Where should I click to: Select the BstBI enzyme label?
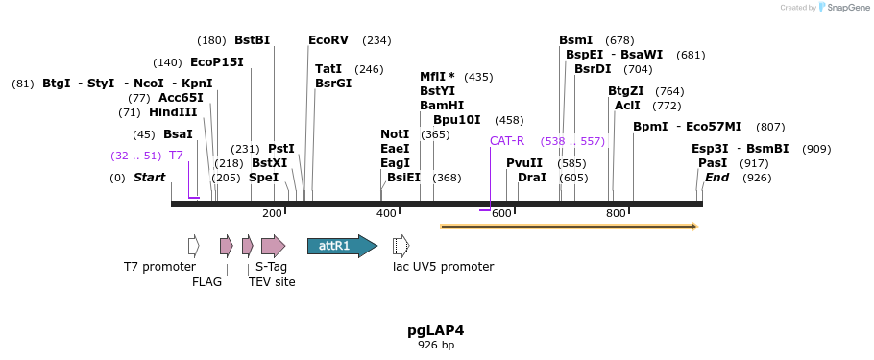click(253, 40)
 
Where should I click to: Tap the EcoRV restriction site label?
click(328, 40)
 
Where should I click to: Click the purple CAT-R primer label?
click(507, 141)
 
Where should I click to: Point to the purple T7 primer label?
click(176, 156)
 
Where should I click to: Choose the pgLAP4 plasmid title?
click(436, 330)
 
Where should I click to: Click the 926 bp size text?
click(436, 345)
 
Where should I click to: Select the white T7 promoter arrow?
click(194, 246)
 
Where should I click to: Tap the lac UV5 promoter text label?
click(443, 267)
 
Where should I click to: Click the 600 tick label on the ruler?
click(501, 213)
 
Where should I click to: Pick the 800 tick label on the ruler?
click(616, 213)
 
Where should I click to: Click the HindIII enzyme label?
click(173, 112)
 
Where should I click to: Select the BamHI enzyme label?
click(442, 106)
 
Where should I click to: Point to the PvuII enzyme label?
click(524, 163)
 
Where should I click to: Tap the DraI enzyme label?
click(532, 178)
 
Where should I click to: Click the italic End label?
click(716, 178)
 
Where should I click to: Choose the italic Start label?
click(149, 178)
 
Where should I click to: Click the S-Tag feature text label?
click(271, 267)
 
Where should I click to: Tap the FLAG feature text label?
click(206, 282)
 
